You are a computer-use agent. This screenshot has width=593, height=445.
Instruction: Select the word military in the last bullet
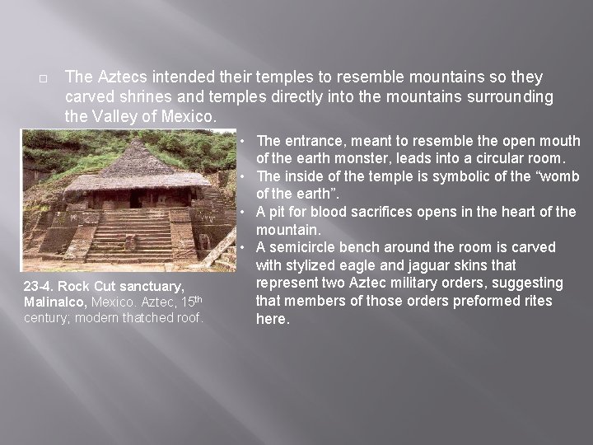[x=420, y=283]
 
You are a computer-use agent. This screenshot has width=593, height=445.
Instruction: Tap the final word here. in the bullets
[x=273, y=319]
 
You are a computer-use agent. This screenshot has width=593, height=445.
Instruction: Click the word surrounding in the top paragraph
[x=507, y=97]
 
